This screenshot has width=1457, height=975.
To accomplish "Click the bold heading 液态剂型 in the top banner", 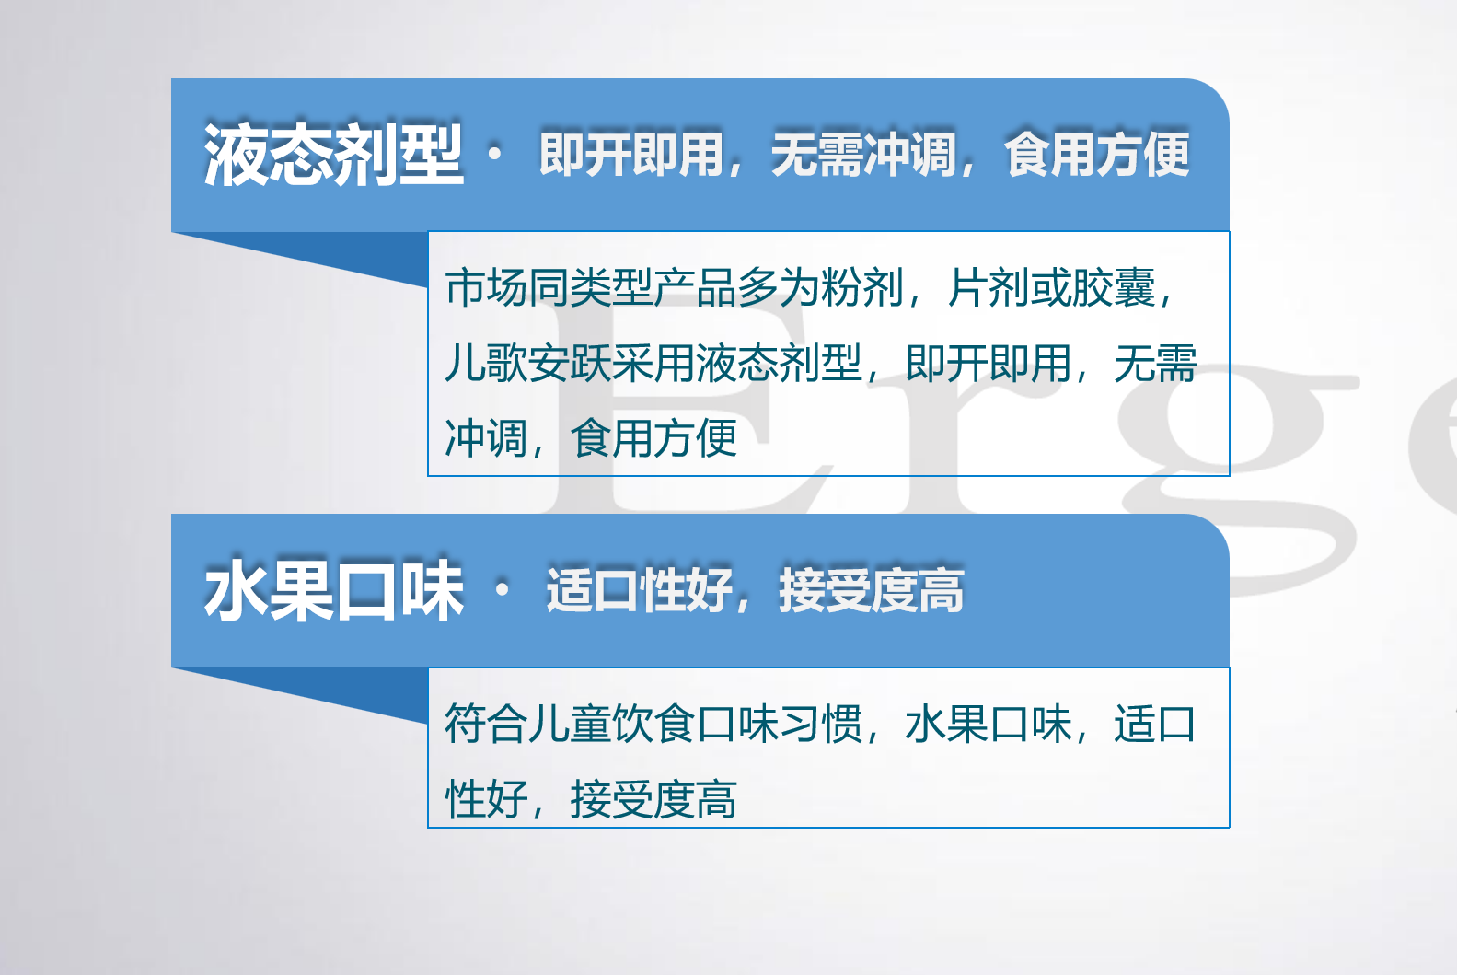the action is (333, 155).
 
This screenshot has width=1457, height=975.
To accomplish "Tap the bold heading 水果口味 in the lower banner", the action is (333, 590).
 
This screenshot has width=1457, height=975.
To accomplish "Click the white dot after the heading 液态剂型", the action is (495, 154).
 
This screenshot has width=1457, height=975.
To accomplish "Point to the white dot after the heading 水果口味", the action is (503, 590).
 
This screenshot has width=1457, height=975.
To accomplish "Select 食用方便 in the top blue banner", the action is (1096, 154).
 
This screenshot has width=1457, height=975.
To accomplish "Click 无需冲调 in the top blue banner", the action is (863, 154).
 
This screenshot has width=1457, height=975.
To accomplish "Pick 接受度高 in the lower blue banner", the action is (872, 590).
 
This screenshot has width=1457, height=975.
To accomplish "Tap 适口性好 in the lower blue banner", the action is (639, 590).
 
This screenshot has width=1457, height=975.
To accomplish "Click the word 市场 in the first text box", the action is (486, 287).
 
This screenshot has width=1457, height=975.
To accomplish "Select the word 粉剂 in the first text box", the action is (861, 287).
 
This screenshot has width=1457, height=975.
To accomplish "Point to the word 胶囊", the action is (1113, 287).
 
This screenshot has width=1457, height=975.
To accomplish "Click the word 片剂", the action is (988, 287).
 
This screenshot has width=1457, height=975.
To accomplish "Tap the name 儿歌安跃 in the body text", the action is (527, 363).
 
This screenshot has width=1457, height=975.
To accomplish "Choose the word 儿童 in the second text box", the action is (569, 724).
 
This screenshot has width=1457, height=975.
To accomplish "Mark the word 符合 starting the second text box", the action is (486, 724).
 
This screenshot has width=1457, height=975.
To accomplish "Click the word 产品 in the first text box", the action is (695, 287).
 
